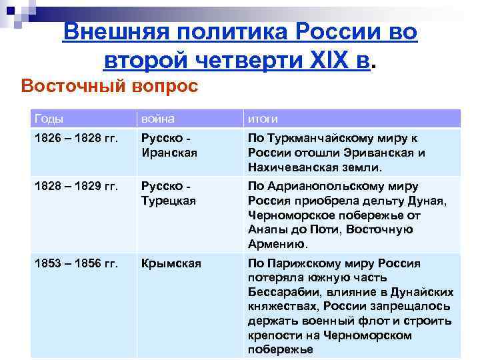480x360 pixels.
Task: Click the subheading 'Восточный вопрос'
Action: click(x=110, y=87)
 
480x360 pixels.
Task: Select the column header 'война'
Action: click(x=157, y=119)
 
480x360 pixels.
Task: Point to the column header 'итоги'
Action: click(x=263, y=119)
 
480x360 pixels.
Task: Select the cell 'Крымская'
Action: click(x=171, y=263)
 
